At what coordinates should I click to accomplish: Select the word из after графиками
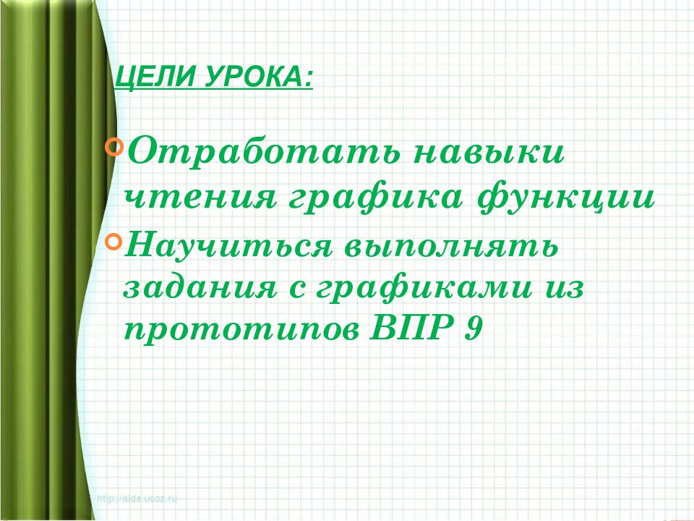coord(560,291)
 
